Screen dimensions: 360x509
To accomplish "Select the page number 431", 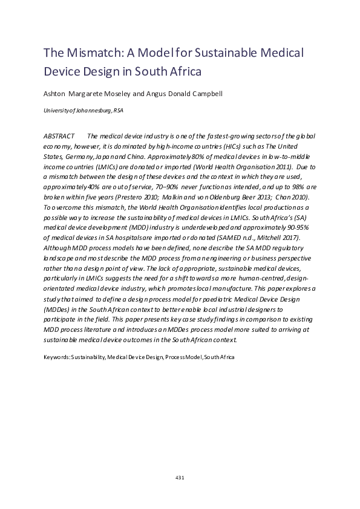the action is pyautogui.click(x=180, y=478).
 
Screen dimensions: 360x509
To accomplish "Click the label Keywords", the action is pyautogui.click(x=56, y=357).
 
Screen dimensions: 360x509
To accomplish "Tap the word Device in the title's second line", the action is pyautogui.click(x=60, y=71).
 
